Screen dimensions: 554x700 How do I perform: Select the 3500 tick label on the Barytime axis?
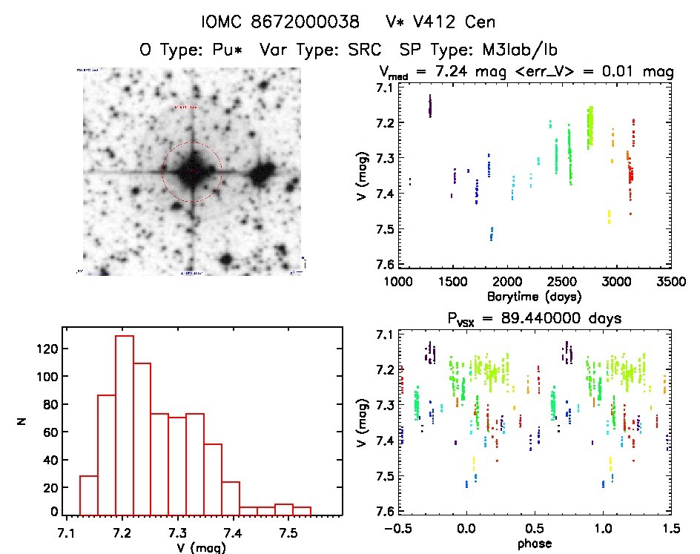pyautogui.click(x=670, y=282)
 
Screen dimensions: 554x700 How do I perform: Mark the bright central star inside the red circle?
pyautogui.click(x=192, y=171)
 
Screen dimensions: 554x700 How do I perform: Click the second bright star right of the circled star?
pyautogui.click(x=261, y=175)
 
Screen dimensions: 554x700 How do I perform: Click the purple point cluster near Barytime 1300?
pyautogui.click(x=430, y=107)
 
